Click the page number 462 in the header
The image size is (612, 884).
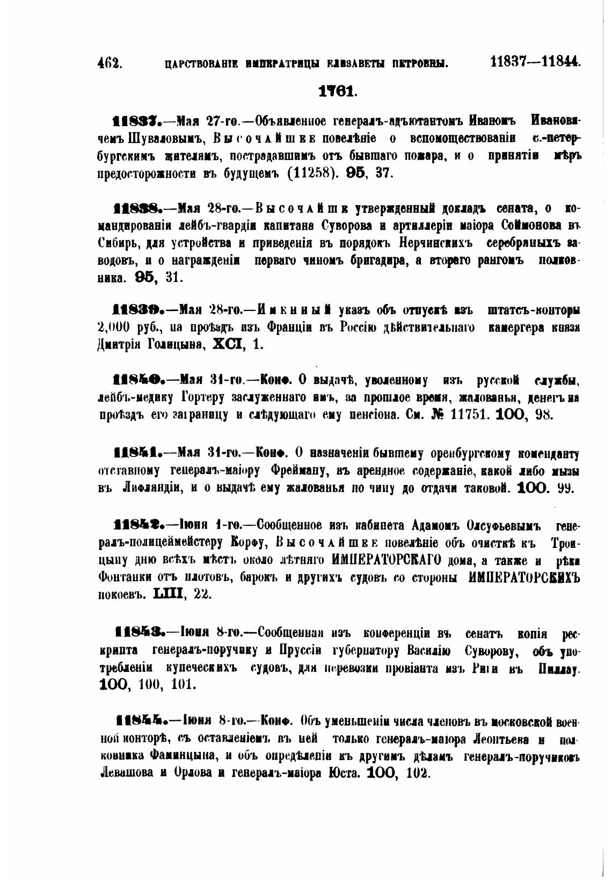(x=110, y=63)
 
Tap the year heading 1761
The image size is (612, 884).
(x=336, y=91)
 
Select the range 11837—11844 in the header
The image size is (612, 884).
(x=535, y=61)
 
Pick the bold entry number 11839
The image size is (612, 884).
(x=135, y=311)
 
